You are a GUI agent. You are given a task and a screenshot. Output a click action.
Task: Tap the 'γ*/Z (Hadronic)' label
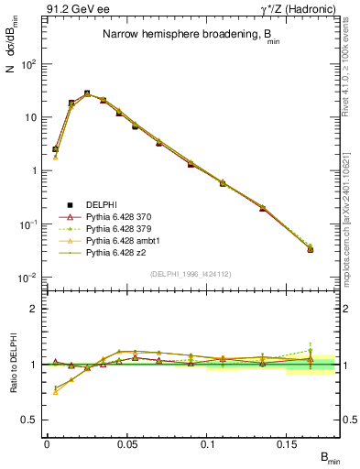(294, 9)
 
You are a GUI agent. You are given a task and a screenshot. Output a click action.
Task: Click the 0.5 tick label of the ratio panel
(30, 420)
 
